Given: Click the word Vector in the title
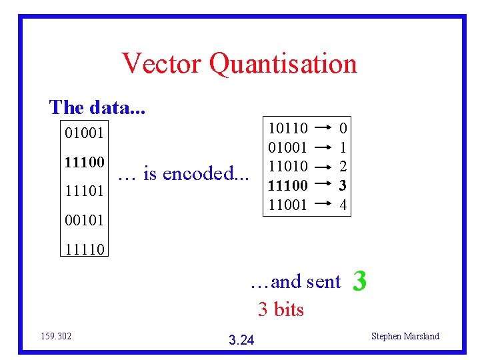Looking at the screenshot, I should tap(162, 64).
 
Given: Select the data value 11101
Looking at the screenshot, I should tap(84, 191).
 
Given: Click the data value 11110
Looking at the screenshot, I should tap(84, 249).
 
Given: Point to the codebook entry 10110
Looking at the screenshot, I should tap(287, 127).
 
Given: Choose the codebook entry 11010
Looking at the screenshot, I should tap(287, 166).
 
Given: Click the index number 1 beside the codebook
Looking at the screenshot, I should tap(343, 147).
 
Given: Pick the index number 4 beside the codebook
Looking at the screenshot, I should tap(343, 205).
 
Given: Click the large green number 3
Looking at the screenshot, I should tap(359, 281).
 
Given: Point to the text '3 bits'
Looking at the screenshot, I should tap(281, 309).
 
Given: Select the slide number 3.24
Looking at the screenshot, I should tap(241, 340).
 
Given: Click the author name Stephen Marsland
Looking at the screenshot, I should tap(405, 336).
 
